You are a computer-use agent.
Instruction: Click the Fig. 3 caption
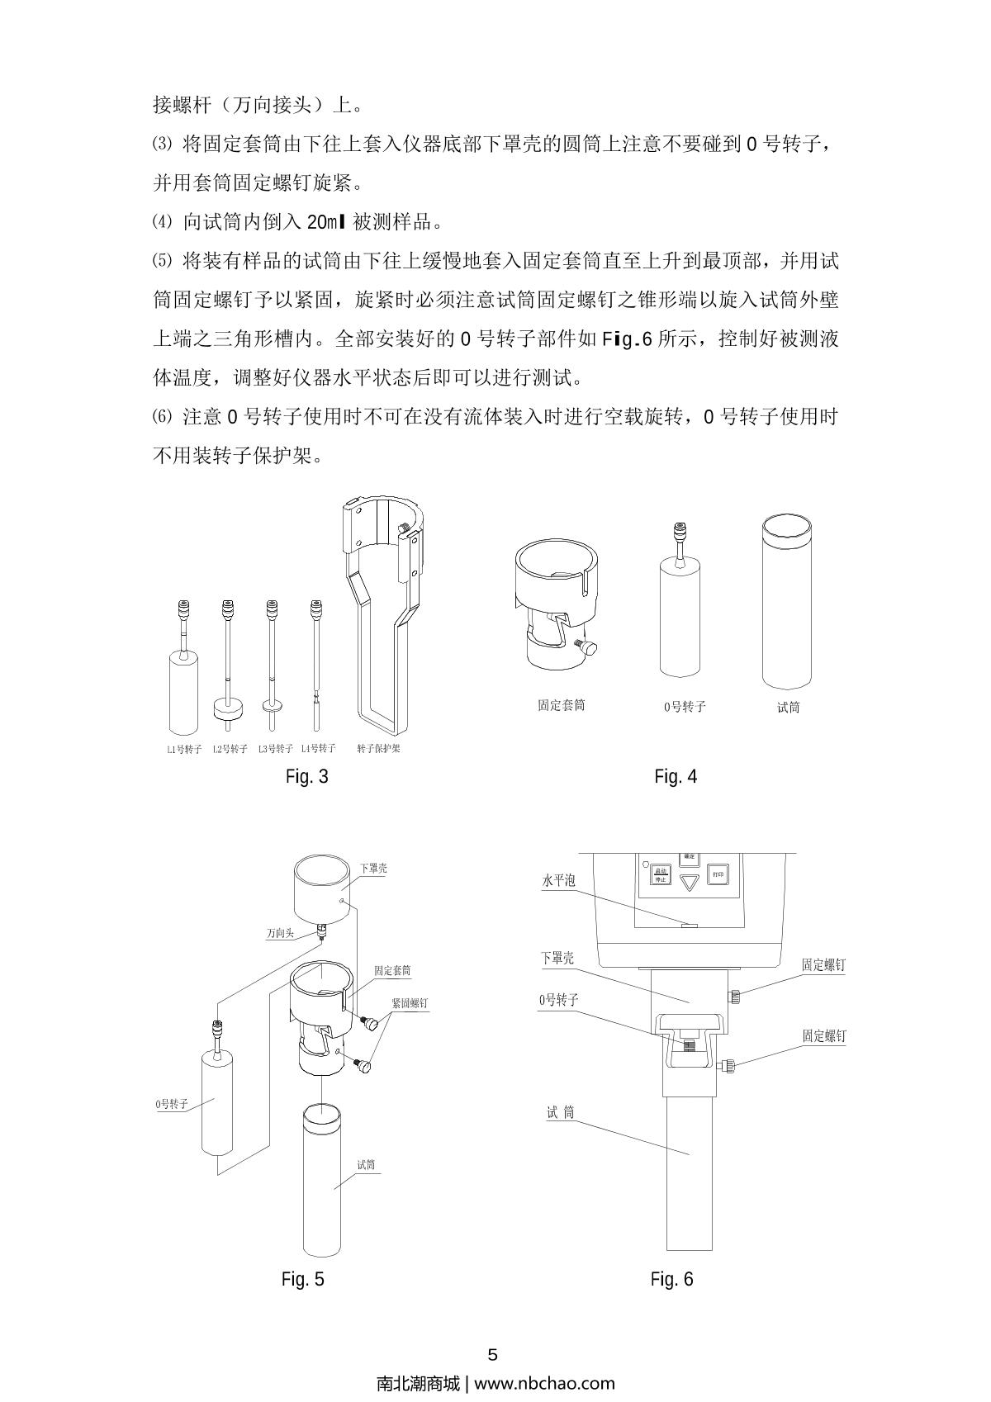click(x=306, y=776)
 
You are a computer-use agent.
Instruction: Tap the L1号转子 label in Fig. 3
click(x=183, y=749)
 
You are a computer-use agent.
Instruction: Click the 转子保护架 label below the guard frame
click(x=378, y=749)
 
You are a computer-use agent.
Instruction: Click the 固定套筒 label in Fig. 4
click(x=561, y=705)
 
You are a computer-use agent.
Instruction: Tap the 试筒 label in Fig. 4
click(x=788, y=707)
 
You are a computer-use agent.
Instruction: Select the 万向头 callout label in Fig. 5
click(x=280, y=934)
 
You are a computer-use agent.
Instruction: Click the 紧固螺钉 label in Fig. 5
click(x=410, y=1003)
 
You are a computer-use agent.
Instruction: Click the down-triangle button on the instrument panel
click(x=690, y=881)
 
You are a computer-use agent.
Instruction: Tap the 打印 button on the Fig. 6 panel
click(x=718, y=874)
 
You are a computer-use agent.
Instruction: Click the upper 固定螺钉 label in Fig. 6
click(x=823, y=964)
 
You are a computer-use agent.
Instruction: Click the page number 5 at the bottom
click(x=494, y=1354)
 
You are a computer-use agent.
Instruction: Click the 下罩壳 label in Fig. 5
click(x=373, y=869)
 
